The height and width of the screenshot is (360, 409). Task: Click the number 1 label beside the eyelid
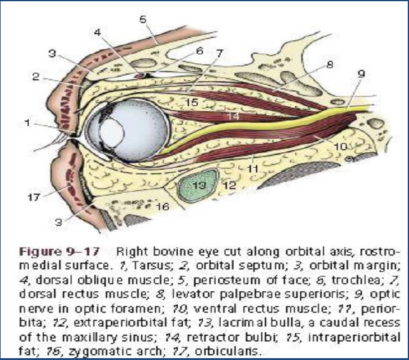pos(27,124)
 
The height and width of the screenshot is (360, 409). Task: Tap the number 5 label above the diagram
pos(143,19)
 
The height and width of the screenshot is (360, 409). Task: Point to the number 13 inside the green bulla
pos(198,186)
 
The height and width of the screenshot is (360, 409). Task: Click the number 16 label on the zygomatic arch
pos(163,206)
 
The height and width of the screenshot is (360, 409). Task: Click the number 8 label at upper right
pos(330,64)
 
